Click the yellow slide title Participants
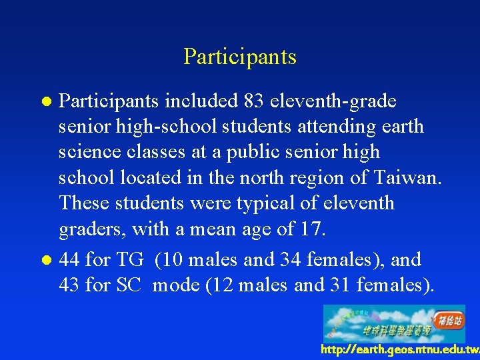[x=239, y=57]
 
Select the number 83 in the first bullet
[x=253, y=101]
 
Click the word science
[x=87, y=153]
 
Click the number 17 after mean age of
[x=312, y=229]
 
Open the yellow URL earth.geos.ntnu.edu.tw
[x=400, y=350]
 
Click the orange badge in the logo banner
[x=449, y=319]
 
